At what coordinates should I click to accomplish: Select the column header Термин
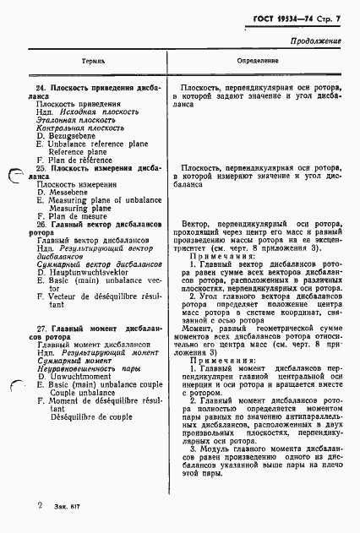[x=93, y=63]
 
